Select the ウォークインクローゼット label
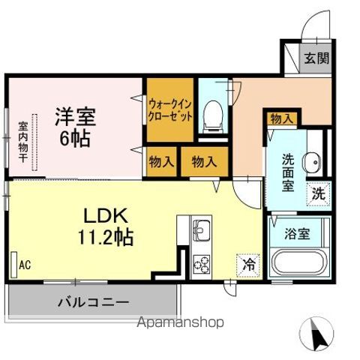pos(170,109)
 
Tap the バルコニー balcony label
pos(93,304)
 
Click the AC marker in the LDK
pos(25,265)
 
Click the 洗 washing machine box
pos(319,192)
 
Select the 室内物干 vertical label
pos(23,142)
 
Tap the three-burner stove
pos(201,262)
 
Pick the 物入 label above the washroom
pos(282,118)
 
